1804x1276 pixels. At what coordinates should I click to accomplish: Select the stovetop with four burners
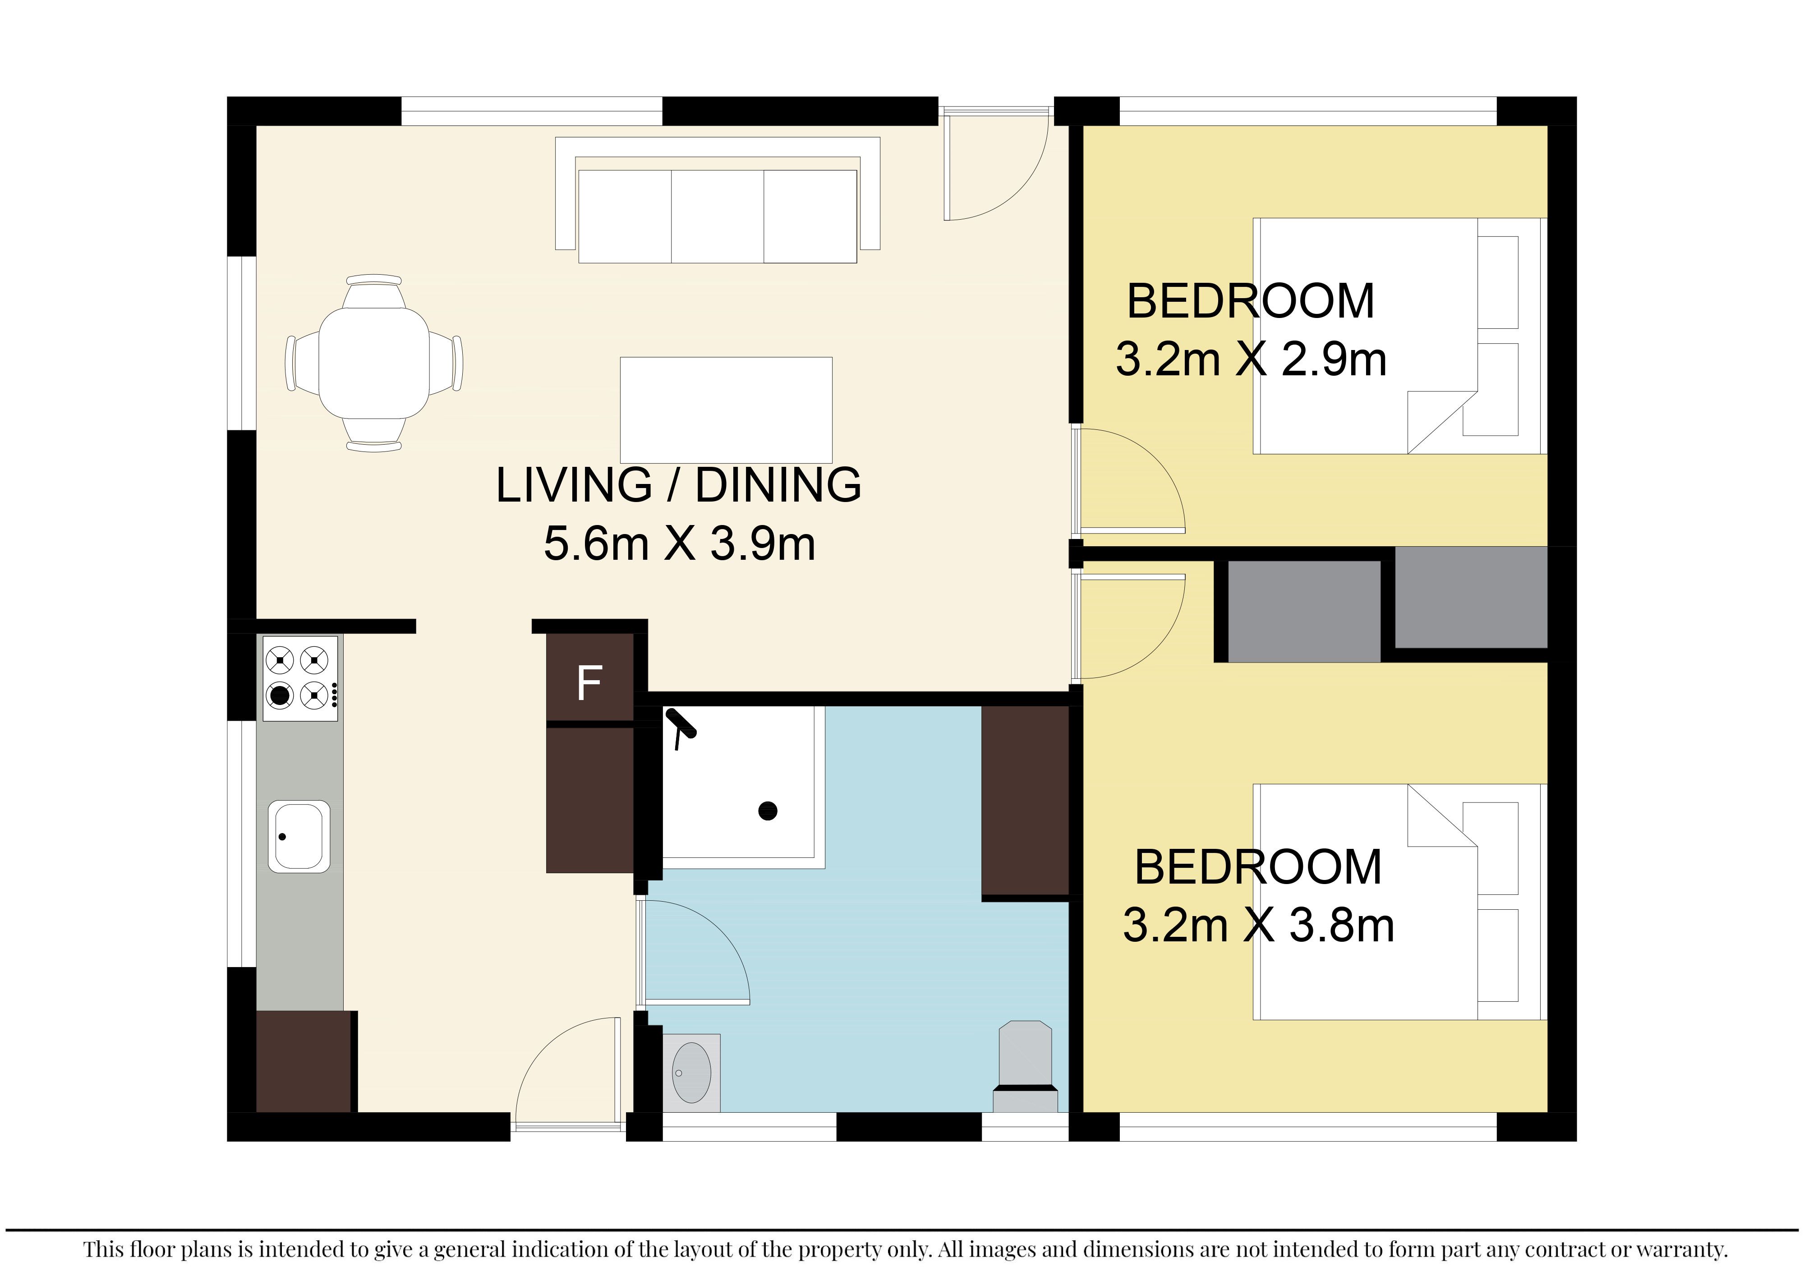(x=300, y=678)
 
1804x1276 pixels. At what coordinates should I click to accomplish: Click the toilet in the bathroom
(x=1026, y=1066)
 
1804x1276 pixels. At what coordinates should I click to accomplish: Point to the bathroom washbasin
(x=691, y=1073)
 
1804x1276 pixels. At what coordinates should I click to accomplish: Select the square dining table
(x=374, y=363)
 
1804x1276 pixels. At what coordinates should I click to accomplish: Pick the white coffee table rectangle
(x=726, y=410)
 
